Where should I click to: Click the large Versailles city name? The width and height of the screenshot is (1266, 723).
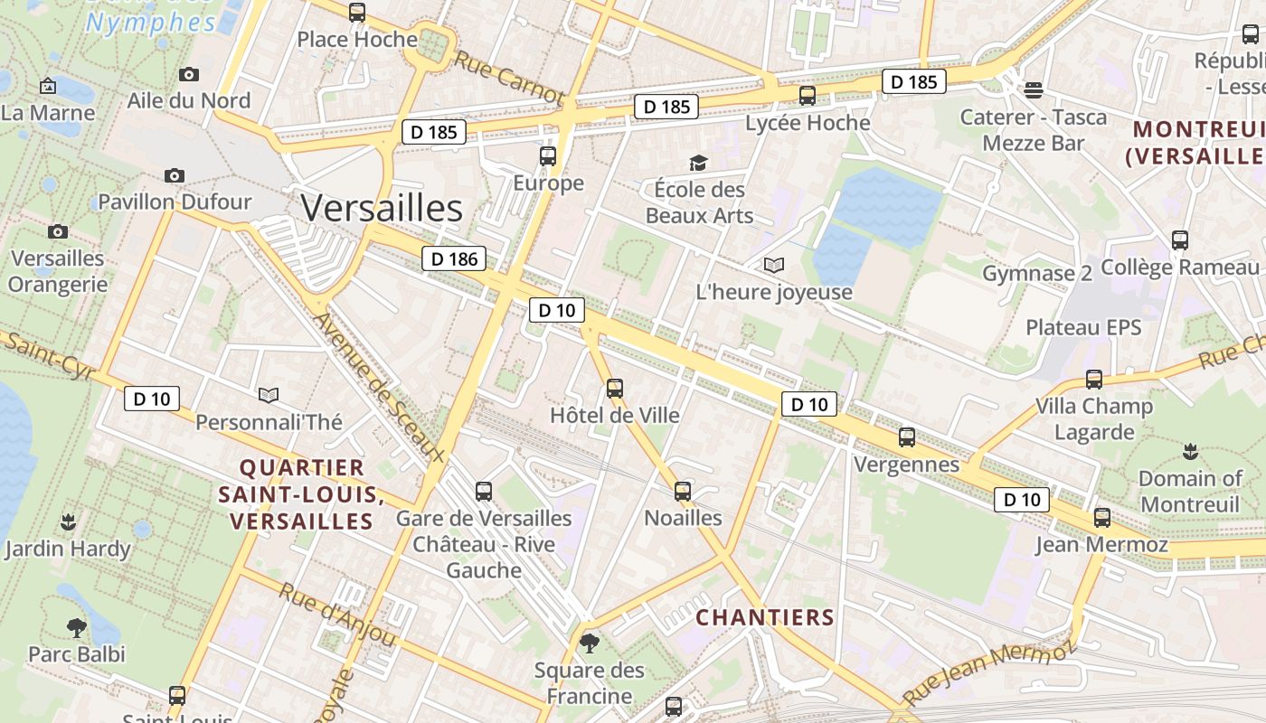(x=382, y=208)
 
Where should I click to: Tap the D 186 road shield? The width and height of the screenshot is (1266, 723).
(x=454, y=259)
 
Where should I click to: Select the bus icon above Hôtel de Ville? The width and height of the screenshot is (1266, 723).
(x=615, y=389)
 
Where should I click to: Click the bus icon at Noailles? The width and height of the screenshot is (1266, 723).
(x=683, y=492)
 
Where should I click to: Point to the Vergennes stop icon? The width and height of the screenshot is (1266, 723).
(x=907, y=437)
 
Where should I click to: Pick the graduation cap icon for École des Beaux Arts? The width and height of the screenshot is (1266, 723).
(x=698, y=163)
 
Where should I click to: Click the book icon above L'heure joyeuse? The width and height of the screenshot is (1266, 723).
(x=774, y=265)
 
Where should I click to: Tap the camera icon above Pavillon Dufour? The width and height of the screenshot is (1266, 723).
(x=175, y=175)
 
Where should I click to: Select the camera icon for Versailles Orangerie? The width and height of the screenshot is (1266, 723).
(x=58, y=231)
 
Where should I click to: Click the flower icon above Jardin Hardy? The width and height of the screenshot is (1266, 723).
(x=67, y=521)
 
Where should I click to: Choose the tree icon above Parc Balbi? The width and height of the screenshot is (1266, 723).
(x=76, y=626)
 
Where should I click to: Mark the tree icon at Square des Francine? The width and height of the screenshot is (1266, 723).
(x=590, y=643)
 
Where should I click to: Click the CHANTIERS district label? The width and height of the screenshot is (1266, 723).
(x=764, y=617)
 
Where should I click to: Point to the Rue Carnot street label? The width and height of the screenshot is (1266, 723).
(x=508, y=78)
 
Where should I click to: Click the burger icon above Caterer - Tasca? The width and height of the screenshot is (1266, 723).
(x=1034, y=89)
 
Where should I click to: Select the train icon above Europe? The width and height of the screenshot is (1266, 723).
(x=548, y=155)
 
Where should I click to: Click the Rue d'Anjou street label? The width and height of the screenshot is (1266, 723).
(x=337, y=615)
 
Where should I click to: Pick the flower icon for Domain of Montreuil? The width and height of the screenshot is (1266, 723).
(x=1190, y=451)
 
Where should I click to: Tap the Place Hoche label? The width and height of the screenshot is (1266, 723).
(x=357, y=40)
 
